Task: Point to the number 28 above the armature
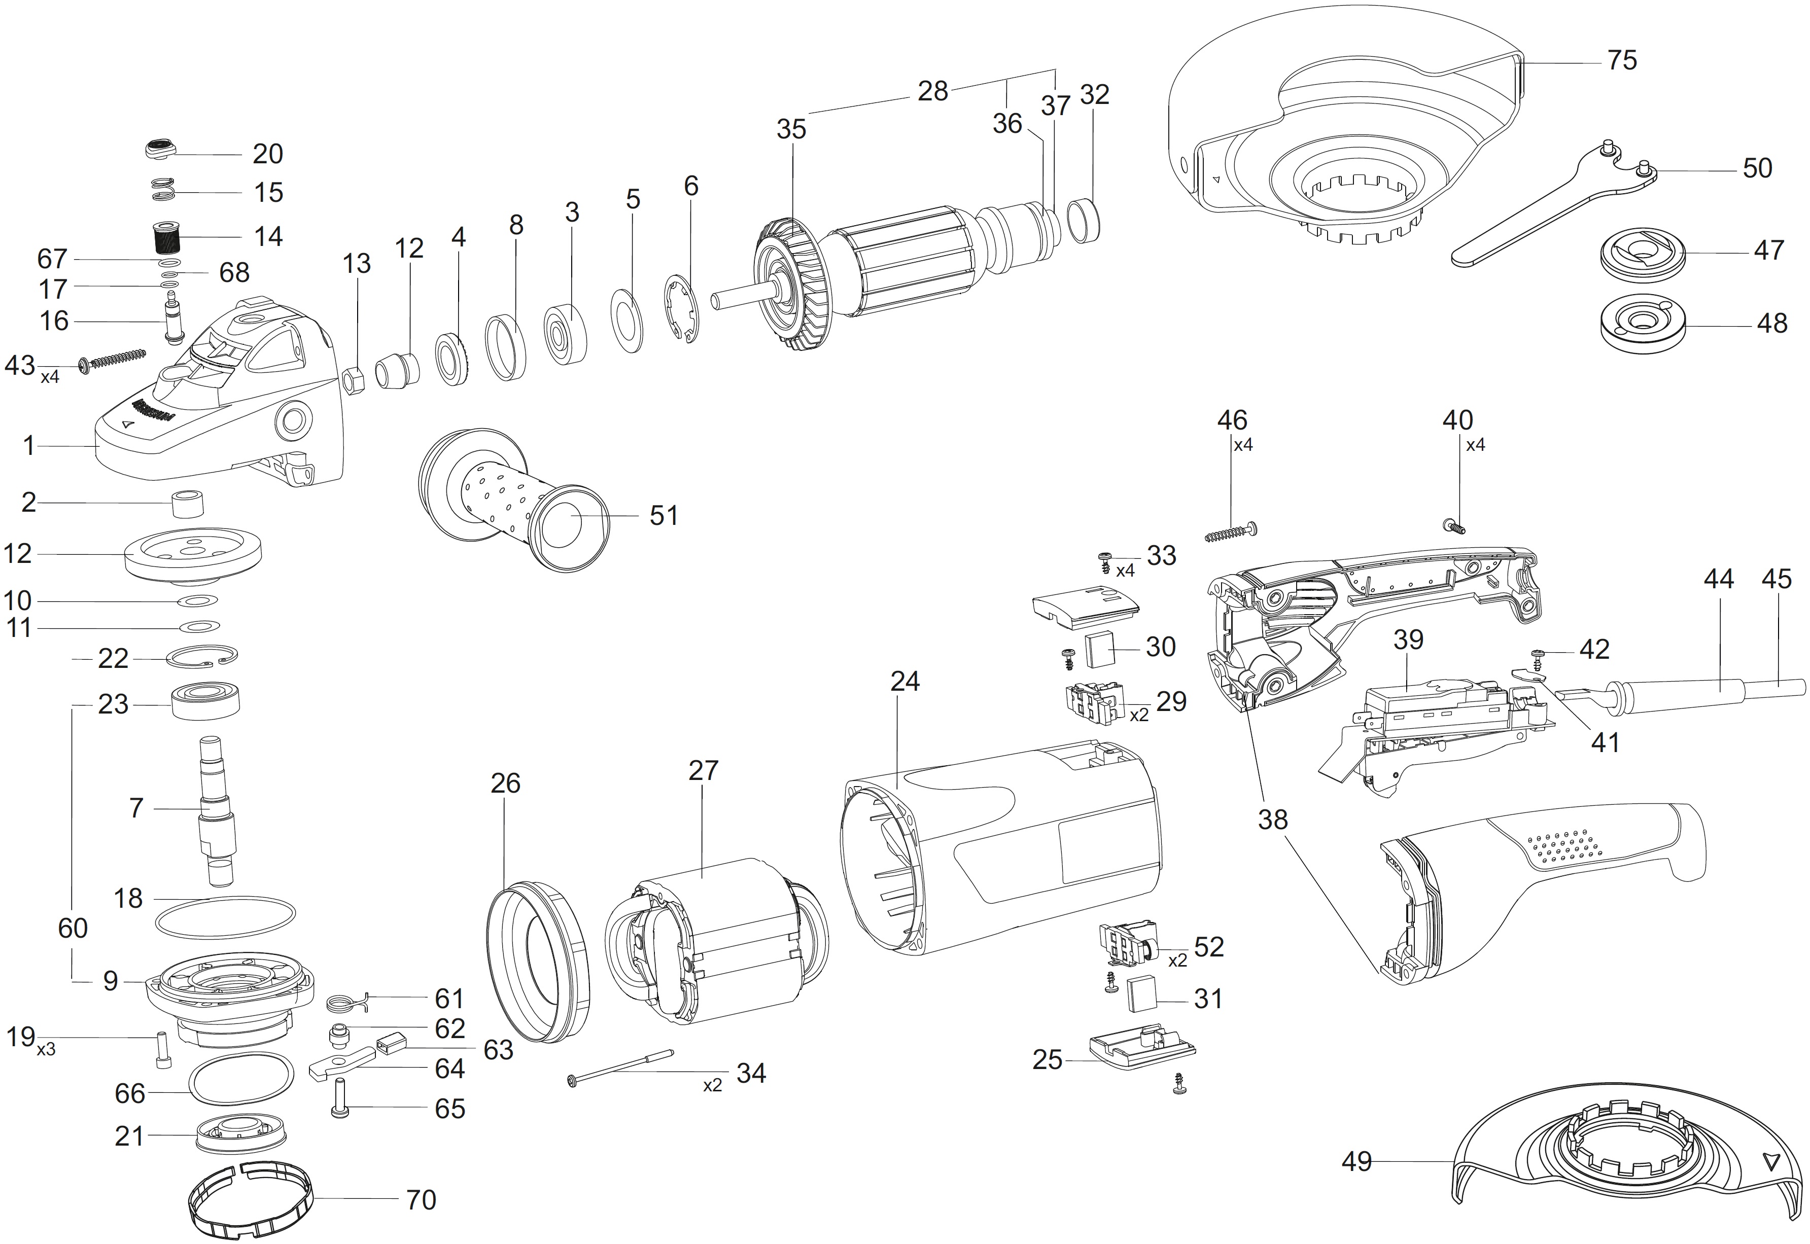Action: click(x=932, y=92)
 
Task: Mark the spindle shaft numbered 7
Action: click(x=218, y=810)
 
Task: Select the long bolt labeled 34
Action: click(x=620, y=1067)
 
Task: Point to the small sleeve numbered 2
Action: click(x=187, y=504)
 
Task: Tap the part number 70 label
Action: click(x=421, y=1199)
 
